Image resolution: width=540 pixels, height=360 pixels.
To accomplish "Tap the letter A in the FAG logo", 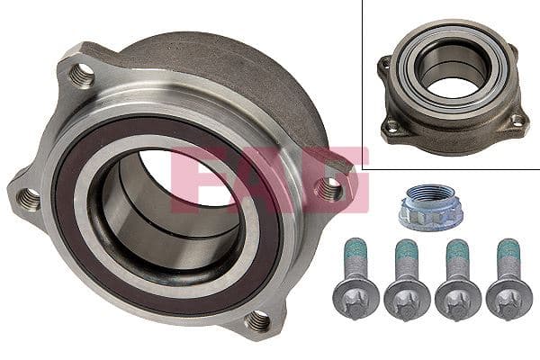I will coord(270,179).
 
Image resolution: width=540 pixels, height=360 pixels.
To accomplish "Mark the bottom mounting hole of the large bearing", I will coord(258,318).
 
